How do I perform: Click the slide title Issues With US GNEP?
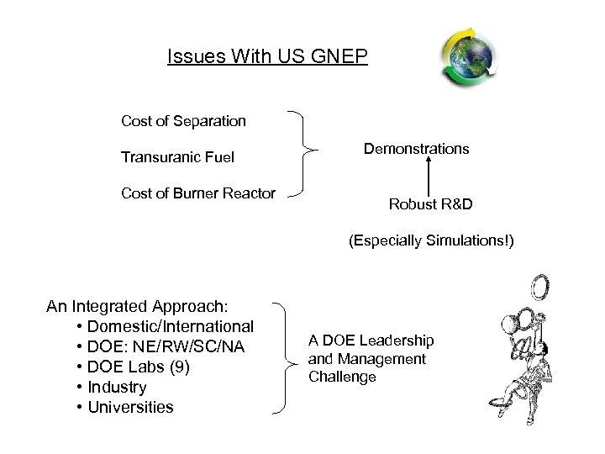267,56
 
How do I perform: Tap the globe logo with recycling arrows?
468,56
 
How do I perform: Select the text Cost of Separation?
183,121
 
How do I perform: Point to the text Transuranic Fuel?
177,157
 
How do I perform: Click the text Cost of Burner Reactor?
198,193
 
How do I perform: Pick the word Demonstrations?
416,149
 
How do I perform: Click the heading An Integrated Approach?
139,306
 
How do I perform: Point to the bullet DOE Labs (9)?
139,367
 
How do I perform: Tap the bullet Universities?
130,407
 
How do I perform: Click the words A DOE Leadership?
371,340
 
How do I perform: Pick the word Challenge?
342,377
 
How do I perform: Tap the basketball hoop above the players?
540,288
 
